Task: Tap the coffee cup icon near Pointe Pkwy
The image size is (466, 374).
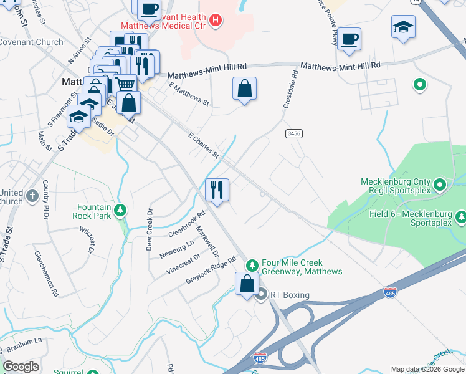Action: point(349,39)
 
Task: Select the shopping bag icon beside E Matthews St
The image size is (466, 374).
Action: point(245,89)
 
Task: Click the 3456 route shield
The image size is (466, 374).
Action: point(293,133)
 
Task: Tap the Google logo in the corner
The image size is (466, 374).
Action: point(21,367)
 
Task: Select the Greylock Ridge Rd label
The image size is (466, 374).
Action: point(211,271)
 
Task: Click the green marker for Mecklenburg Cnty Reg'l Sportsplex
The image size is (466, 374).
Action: point(440,185)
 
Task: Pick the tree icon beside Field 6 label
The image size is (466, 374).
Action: point(461,217)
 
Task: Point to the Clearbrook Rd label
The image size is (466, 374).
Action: point(186,224)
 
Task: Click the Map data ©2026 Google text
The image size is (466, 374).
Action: point(427,369)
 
